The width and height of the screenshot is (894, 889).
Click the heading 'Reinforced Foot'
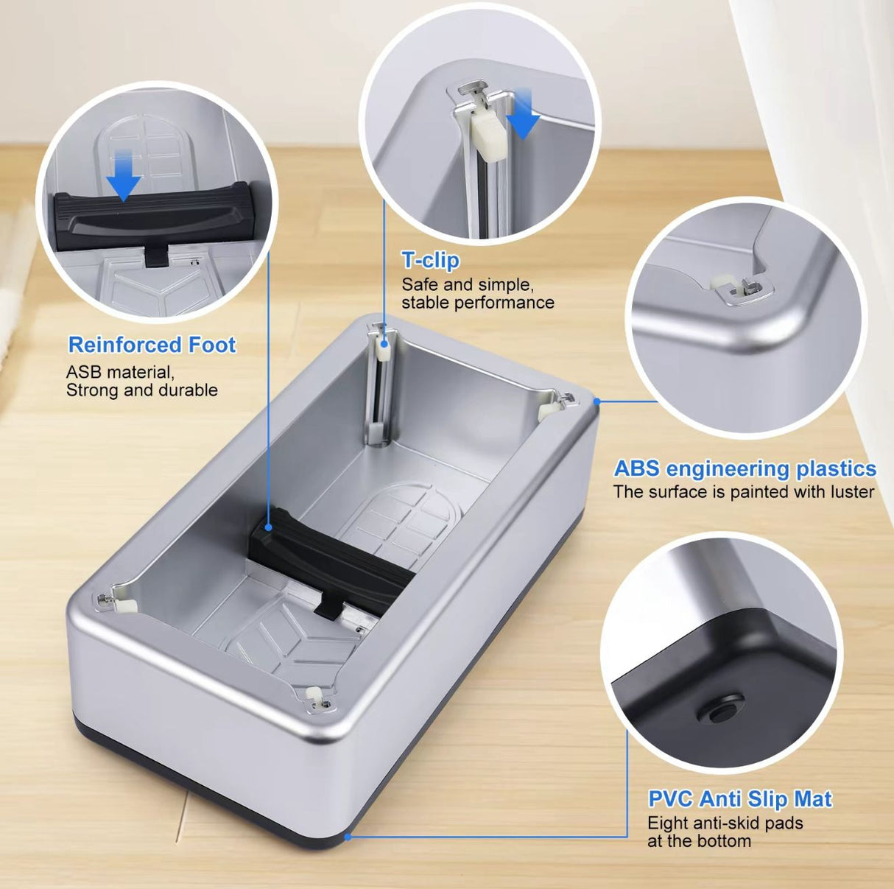point(152,345)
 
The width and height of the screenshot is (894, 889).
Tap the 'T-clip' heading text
point(430,260)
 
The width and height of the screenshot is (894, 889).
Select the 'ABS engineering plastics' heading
point(745,468)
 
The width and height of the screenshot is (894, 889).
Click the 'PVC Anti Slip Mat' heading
point(739,798)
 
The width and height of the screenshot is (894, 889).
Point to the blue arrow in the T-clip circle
point(524,112)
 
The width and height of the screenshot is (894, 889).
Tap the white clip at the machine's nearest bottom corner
point(314,695)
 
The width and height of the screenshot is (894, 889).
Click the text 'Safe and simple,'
point(467,284)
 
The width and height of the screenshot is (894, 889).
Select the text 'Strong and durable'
point(142,390)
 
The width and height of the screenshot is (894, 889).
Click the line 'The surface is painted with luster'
point(744,492)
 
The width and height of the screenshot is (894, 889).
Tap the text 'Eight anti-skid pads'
point(725,823)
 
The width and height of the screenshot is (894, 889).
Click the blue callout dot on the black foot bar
point(269,527)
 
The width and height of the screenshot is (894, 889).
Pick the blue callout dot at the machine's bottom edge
point(348,837)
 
